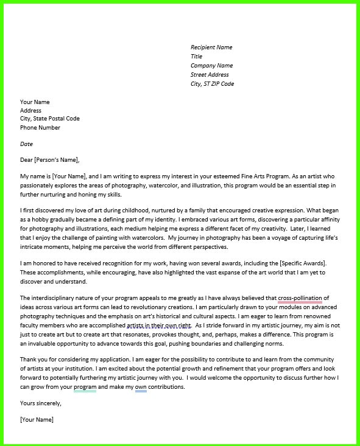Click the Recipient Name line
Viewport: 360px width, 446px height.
(x=211, y=47)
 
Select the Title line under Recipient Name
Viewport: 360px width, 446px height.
(x=196, y=57)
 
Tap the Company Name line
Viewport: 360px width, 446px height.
(x=211, y=66)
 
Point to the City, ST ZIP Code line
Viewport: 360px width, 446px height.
(x=212, y=84)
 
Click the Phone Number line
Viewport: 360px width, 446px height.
(x=40, y=128)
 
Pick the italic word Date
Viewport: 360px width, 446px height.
(x=26, y=144)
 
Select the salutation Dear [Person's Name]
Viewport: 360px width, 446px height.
(x=50, y=160)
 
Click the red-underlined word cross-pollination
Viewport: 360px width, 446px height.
(x=300, y=298)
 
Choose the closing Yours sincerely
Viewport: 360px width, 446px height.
(x=41, y=403)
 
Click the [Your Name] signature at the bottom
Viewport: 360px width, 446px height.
(x=37, y=420)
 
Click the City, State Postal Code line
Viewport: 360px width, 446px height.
(x=50, y=119)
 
